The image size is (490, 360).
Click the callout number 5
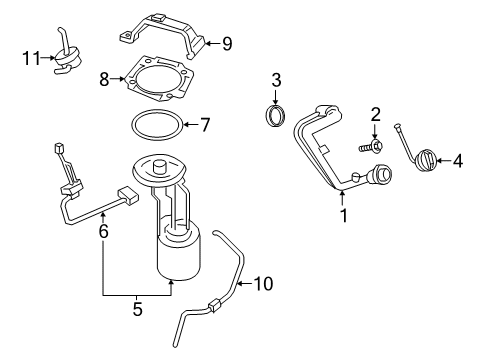pyautogui.click(x=137, y=309)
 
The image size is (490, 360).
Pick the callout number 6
pyautogui.click(x=103, y=229)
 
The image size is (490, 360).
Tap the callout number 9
pyautogui.click(x=226, y=43)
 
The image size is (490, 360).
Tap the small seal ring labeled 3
pyautogui.click(x=275, y=116)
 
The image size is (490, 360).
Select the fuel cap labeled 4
pyautogui.click(x=425, y=161)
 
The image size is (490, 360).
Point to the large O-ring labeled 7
pyautogui.click(x=156, y=127)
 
